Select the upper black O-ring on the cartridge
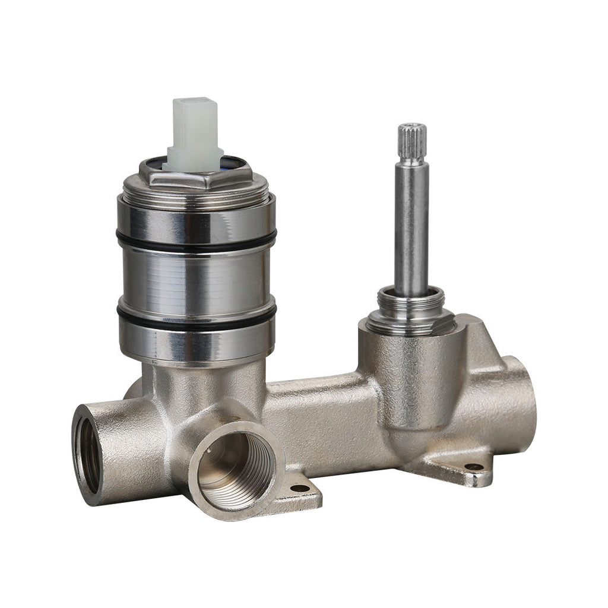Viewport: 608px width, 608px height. [x=196, y=242]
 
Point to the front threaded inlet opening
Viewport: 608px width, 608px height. [x=235, y=469]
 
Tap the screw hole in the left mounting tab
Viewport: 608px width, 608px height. [x=300, y=488]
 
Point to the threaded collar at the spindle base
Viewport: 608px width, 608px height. [x=411, y=306]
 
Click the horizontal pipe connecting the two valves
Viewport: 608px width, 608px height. [x=321, y=416]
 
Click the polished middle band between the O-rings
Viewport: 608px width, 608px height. [x=196, y=279]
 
